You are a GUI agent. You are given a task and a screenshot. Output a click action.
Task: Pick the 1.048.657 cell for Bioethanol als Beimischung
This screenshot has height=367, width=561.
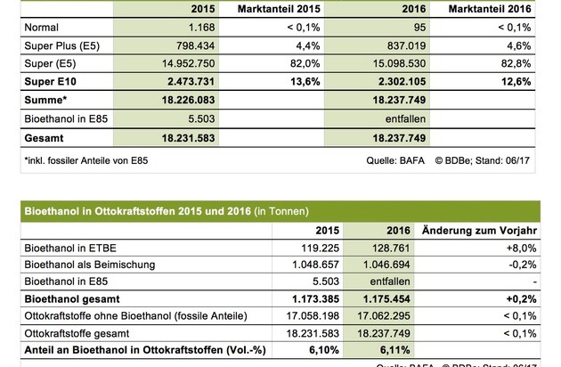tap(311, 265)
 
